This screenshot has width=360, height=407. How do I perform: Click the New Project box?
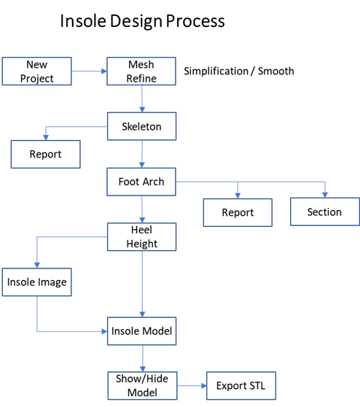pyautogui.click(x=37, y=71)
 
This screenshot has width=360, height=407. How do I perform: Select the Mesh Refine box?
pyautogui.click(x=141, y=71)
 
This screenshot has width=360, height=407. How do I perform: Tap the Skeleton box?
pyautogui.click(x=142, y=126)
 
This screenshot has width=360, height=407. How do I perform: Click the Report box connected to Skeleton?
pyautogui.click(x=46, y=154)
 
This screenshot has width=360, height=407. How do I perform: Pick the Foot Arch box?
pyautogui.click(x=141, y=182)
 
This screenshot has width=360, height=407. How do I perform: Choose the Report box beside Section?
pyautogui.click(x=238, y=212)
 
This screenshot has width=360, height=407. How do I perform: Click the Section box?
pyautogui.click(x=325, y=212)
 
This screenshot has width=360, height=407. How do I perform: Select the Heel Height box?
pyautogui.click(x=142, y=237)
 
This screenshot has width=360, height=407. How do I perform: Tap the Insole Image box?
pyautogui.click(x=37, y=282)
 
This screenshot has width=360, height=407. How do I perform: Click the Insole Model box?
pyautogui.click(x=142, y=331)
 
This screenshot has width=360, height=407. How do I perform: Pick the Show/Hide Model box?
pyautogui.click(x=143, y=386)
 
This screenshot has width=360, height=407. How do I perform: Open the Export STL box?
pyautogui.click(x=241, y=386)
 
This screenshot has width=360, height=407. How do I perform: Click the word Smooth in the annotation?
pyautogui.click(x=276, y=71)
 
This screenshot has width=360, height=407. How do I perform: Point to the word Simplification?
pyautogui.click(x=216, y=71)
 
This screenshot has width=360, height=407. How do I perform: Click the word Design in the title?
pyautogui.click(x=136, y=21)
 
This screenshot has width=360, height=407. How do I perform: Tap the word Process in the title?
pyautogui.click(x=195, y=21)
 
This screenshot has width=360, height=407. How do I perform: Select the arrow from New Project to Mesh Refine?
pyautogui.click(x=89, y=71)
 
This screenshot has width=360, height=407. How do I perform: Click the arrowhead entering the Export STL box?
pyautogui.click(x=204, y=386)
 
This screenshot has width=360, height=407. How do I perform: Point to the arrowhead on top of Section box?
pyautogui.click(x=325, y=195)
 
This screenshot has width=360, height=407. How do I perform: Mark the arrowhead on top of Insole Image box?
pyautogui.click(x=37, y=265)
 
